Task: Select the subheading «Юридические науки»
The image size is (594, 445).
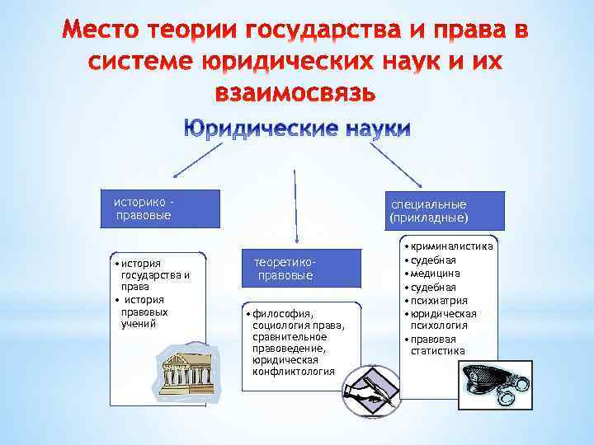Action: (x=297, y=129)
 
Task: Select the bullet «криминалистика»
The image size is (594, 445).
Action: (x=453, y=246)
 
